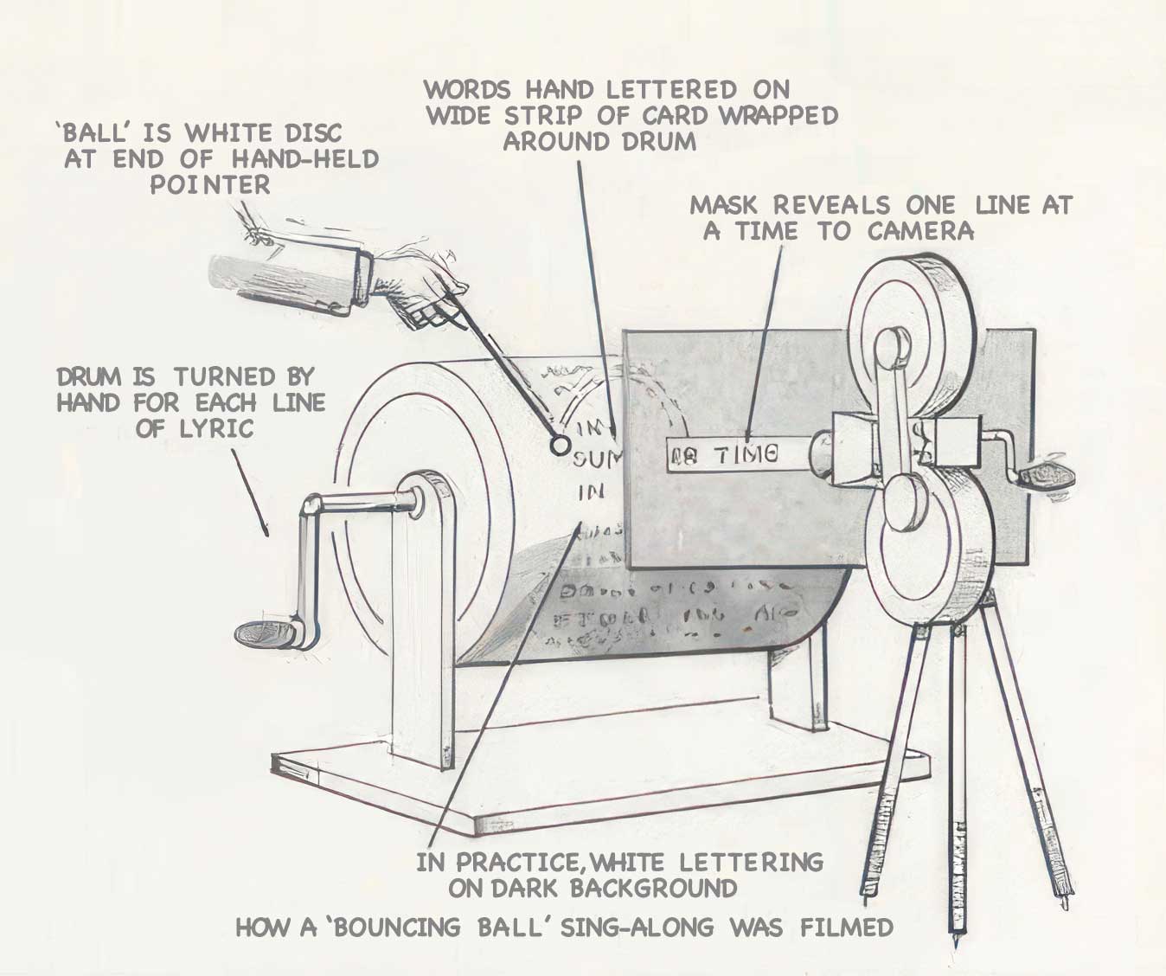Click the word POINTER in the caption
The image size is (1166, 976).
(x=210, y=184)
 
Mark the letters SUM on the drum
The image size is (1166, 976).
(x=596, y=459)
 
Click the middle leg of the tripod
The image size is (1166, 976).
(x=955, y=779)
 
